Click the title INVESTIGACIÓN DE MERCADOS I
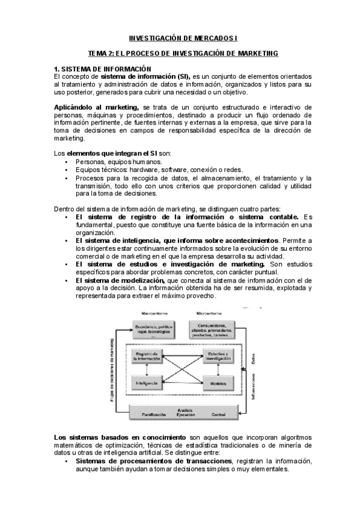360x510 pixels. point(179,37)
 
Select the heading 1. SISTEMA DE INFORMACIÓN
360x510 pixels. point(103,69)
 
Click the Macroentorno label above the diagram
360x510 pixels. point(154,314)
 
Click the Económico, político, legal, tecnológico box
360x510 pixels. point(154,331)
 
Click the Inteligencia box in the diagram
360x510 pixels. point(147,382)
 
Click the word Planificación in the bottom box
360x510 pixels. point(154,415)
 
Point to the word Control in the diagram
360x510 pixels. point(219,415)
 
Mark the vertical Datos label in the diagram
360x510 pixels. point(254,360)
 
